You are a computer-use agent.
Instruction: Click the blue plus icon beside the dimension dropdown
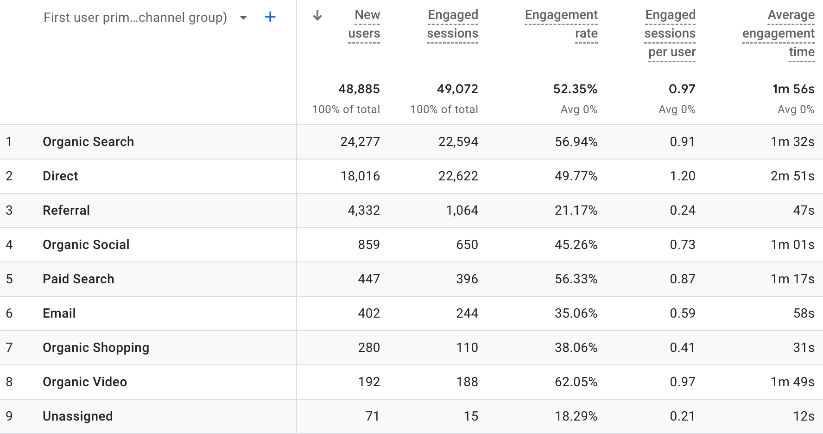[269, 17]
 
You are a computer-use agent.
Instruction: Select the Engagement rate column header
[561, 24]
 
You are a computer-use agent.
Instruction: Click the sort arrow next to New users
[318, 15]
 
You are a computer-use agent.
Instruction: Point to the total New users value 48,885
[360, 88]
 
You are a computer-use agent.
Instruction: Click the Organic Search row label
[88, 142]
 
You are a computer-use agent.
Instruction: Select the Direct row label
[60, 176]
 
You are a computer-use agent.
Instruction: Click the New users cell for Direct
[360, 176]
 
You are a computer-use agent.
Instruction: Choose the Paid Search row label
[78, 279]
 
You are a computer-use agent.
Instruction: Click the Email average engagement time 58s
[802, 313]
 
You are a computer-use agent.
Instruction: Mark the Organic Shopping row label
[96, 348]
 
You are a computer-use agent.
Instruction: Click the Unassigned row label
[77, 416]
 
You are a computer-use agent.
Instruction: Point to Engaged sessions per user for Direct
[682, 176]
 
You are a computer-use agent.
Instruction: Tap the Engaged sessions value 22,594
[457, 142]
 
